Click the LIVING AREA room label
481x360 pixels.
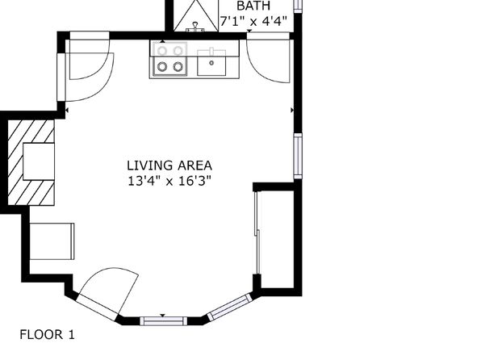[169, 165]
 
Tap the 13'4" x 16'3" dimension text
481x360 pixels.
[169, 181]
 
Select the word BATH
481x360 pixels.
[253, 6]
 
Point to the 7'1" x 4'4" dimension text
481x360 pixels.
[253, 21]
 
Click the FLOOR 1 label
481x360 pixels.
[48, 334]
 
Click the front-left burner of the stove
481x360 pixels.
[162, 66]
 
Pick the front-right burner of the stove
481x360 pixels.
[178, 66]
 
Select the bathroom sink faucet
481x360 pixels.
[195, 27]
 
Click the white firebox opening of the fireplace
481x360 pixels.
[39, 161]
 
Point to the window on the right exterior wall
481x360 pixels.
[298, 156]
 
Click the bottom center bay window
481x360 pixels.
[163, 321]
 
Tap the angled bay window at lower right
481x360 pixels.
[230, 307]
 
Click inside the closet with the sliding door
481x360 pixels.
[277, 240]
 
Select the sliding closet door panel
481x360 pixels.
[257, 232]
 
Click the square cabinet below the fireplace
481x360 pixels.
[52, 241]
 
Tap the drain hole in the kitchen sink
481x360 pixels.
[211, 63]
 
